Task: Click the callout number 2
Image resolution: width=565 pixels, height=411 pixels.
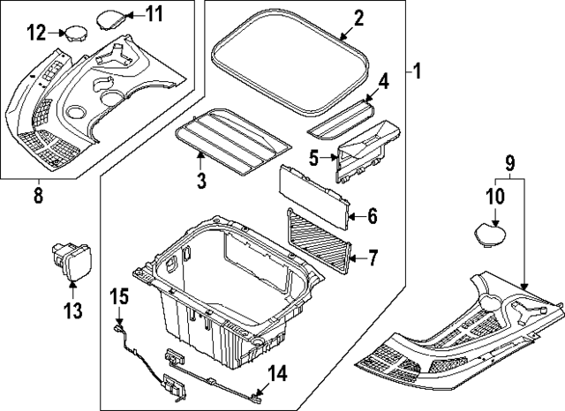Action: point(358,19)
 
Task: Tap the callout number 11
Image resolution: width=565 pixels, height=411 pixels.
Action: point(154,14)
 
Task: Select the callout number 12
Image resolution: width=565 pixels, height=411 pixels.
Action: point(35,34)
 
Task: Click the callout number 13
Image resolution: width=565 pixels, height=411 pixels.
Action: point(72,310)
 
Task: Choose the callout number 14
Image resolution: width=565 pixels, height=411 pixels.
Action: point(277,374)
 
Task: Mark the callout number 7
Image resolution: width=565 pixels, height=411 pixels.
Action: point(373,258)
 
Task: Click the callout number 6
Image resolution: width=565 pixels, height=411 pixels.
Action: point(372,214)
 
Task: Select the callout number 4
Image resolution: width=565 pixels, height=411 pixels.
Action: point(383,81)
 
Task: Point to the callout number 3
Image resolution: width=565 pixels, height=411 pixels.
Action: point(201,182)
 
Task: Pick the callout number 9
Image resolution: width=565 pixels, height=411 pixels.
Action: point(509,163)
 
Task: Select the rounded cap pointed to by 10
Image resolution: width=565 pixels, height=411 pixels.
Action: point(488,234)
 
